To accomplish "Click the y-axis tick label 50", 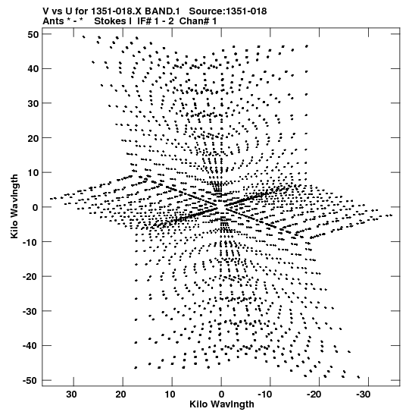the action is click(x=33, y=34).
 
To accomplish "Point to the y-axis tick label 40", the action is click(x=33, y=69).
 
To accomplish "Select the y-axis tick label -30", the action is click(x=30, y=311).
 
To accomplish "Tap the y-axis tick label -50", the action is click(x=30, y=381).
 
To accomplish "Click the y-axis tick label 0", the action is click(x=36, y=208).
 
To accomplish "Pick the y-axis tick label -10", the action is click(x=30, y=242).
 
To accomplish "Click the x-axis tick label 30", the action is click(x=71, y=395).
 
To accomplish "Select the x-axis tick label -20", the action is click(x=314, y=395).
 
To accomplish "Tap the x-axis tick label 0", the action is click(x=221, y=395).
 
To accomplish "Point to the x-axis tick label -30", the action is click(x=364, y=395).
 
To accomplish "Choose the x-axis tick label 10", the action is click(x=170, y=395).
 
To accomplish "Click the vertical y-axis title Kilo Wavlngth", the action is click(x=14, y=206).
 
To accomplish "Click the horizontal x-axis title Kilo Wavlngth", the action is click(x=222, y=404).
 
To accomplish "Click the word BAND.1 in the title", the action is click(x=162, y=11).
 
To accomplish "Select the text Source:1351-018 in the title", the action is click(x=228, y=11).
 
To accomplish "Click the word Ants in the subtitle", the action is click(x=53, y=21).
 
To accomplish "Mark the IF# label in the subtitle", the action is click(x=145, y=21).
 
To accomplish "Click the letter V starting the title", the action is click(x=46, y=11).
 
